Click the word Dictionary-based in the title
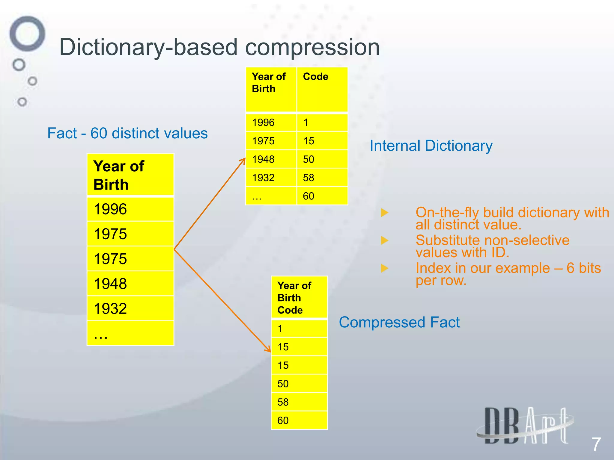[x=148, y=47]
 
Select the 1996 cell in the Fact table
[x=130, y=209]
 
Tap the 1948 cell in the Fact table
[x=130, y=284]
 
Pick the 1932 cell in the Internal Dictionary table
[x=271, y=178]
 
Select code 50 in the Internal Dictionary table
[x=322, y=159]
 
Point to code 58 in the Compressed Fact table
[x=299, y=402]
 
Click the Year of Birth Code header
[x=299, y=297]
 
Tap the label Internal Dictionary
[x=431, y=146]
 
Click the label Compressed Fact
[x=399, y=323]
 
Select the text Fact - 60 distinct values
[x=127, y=133]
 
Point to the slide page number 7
[x=596, y=444]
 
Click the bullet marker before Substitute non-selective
[x=384, y=240]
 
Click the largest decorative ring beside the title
[x=27, y=34]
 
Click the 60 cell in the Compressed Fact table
[x=299, y=420]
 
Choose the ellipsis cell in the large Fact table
[x=130, y=333]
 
